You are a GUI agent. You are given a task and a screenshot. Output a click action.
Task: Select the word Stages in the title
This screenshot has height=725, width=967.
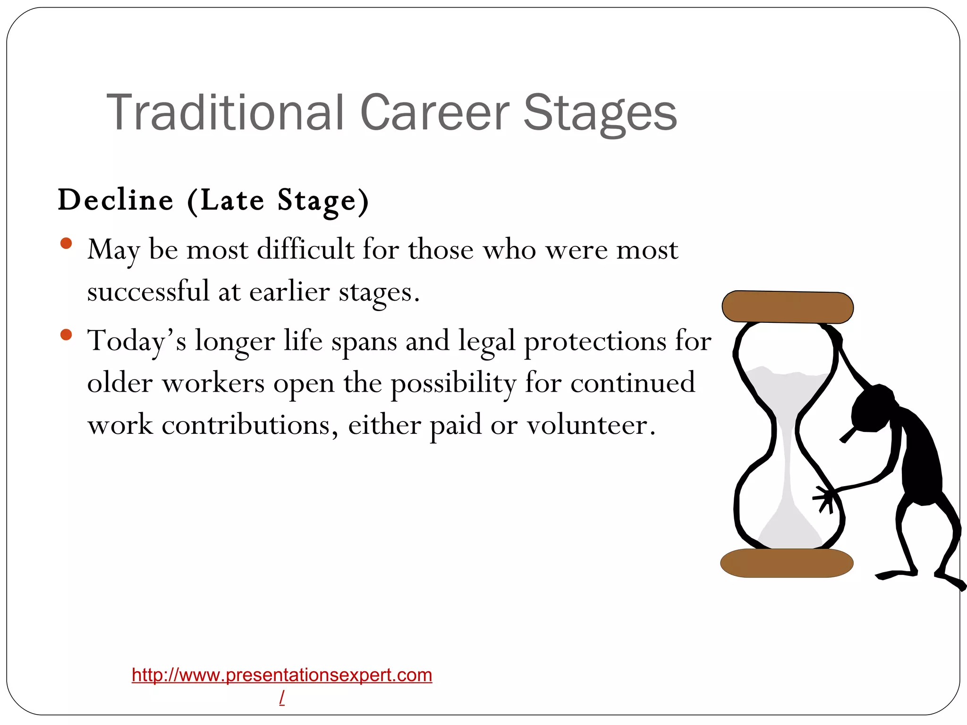[600, 113]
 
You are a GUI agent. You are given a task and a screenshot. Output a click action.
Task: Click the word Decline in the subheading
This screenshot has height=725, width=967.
[116, 200]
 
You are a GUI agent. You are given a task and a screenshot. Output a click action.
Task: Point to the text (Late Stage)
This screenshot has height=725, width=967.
[278, 201]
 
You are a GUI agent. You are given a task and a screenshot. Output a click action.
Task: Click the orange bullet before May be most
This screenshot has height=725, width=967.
[66, 244]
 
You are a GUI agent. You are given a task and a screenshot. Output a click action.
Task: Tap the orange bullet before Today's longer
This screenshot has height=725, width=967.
[66, 335]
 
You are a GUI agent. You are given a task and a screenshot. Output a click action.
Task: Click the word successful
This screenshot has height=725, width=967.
[148, 291]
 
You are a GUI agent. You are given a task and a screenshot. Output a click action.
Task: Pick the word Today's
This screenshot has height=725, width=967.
[137, 341]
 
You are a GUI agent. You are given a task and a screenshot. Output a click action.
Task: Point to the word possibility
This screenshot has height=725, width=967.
[453, 383]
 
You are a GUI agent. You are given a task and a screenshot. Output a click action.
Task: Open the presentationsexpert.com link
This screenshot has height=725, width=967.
[282, 675]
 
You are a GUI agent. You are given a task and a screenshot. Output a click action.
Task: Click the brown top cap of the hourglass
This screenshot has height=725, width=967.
[788, 307]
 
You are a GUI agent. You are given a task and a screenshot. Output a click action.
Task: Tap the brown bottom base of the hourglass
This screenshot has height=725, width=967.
[787, 563]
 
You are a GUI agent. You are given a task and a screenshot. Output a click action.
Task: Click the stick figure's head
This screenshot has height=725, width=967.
[874, 408]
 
